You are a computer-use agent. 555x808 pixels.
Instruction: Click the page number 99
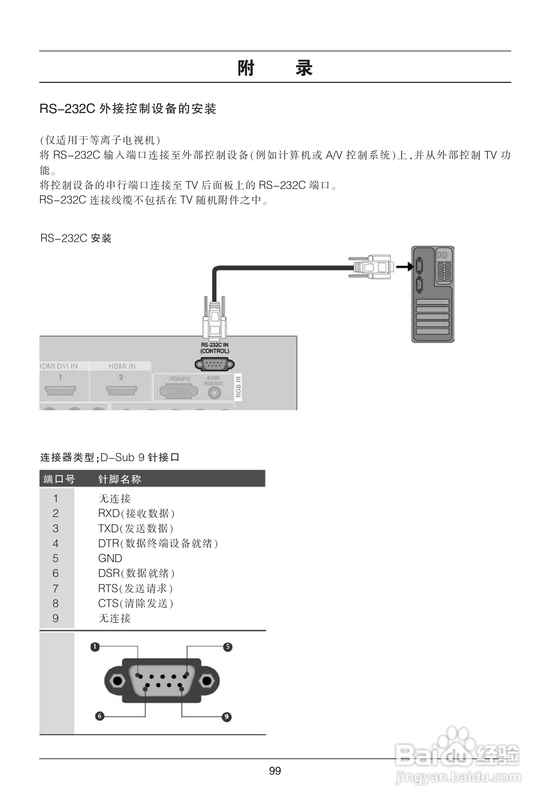point(275,771)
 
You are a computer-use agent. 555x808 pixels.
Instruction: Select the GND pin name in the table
point(110,558)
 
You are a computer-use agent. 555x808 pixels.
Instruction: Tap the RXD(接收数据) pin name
point(136,513)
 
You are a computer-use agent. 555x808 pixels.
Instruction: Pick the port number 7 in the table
point(55,588)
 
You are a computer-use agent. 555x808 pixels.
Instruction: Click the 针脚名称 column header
point(120,479)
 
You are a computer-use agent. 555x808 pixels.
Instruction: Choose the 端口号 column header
point(59,479)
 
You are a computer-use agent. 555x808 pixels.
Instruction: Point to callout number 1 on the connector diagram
point(95,647)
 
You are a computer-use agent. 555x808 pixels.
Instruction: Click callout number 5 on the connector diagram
point(228,647)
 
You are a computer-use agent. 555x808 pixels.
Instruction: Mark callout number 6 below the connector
point(100,716)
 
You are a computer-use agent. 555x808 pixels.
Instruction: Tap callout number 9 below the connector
point(227,716)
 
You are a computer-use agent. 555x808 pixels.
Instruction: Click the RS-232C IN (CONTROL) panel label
point(215,348)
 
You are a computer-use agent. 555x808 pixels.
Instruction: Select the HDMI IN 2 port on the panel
point(122,390)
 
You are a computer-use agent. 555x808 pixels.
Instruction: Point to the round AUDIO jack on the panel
point(214,393)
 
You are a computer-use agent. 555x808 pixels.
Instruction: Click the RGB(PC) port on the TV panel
point(179,392)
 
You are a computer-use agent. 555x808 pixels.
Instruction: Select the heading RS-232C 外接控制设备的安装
point(128,109)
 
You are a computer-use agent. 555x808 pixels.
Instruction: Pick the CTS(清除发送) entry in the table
point(136,603)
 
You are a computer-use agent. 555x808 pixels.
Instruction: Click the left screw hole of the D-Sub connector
point(118,680)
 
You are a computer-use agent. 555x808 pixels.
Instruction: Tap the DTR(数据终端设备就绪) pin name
point(158,543)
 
